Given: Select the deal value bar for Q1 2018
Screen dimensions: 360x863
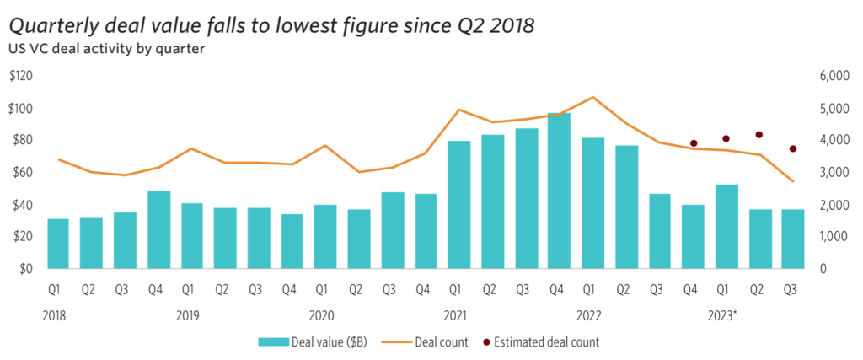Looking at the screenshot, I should pyautogui.click(x=58, y=244).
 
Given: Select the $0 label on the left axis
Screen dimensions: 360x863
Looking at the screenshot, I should pyautogui.click(x=24, y=270).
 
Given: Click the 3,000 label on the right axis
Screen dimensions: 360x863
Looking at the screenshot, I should pyautogui.click(x=834, y=173).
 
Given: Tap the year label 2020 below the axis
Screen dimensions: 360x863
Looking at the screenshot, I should pyautogui.click(x=321, y=315).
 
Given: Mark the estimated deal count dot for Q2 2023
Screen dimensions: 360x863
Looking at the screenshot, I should pyautogui.click(x=759, y=134).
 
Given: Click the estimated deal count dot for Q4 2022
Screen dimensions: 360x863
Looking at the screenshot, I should pyautogui.click(x=694, y=143).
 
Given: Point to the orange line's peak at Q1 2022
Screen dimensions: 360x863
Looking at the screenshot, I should pyautogui.click(x=593, y=97).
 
